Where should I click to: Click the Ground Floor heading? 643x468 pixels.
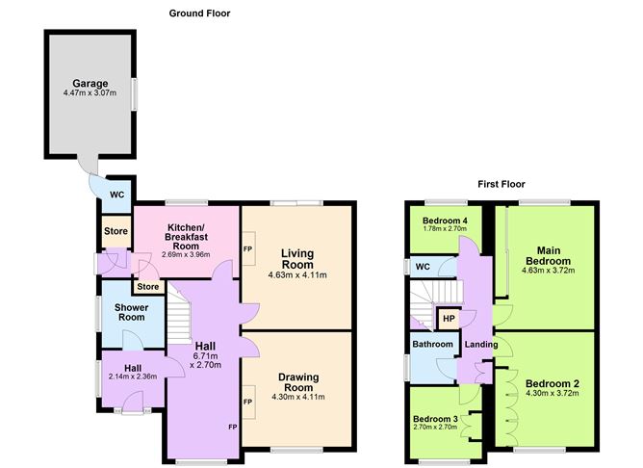199,13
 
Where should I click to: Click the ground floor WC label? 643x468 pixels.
116,195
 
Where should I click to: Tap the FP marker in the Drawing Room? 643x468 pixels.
247,402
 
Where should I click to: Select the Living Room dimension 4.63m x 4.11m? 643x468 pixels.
296,275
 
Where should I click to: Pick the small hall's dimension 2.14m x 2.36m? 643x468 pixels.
132,377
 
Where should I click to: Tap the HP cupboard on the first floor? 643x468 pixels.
449,319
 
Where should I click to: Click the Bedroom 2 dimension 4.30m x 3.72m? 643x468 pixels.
552,395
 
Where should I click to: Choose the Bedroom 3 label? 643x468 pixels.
434,419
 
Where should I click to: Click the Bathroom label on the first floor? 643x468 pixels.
433,344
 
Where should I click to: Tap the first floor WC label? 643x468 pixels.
421,267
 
